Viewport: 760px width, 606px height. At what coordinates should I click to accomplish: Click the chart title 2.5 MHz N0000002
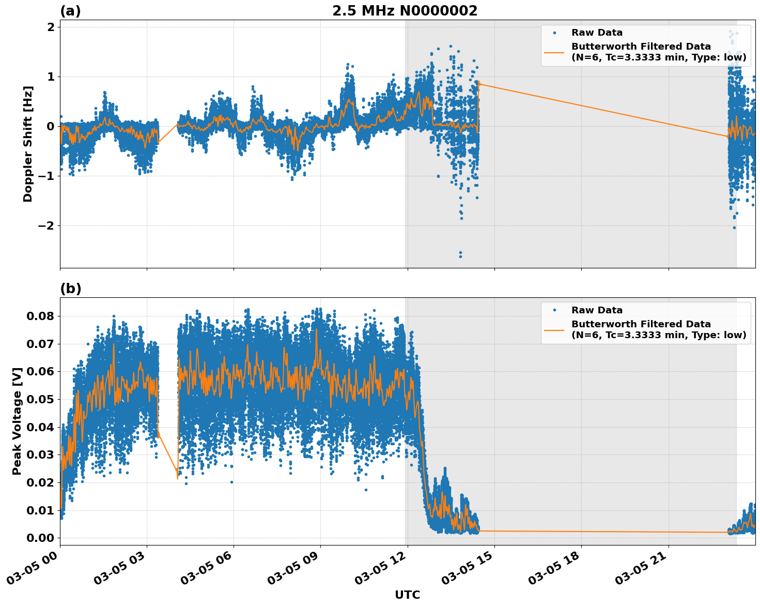click(x=405, y=11)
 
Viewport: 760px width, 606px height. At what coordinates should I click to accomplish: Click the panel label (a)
click(x=70, y=11)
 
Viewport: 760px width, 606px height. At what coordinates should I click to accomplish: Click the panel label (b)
click(x=70, y=289)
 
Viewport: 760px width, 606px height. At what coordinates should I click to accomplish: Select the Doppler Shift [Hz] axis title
click(x=28, y=144)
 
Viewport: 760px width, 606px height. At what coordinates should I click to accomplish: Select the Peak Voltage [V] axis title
click(x=17, y=421)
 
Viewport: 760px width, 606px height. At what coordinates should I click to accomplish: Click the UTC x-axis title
click(x=407, y=595)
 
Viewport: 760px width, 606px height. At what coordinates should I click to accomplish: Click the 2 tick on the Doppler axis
click(x=51, y=27)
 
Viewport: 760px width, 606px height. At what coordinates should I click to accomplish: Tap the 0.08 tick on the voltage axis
click(x=41, y=316)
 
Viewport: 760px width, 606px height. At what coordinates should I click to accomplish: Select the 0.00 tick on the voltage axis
click(x=41, y=538)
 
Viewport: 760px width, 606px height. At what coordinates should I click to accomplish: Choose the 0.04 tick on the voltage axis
click(x=41, y=427)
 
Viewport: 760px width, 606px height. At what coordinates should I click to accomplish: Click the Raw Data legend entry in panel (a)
click(x=597, y=33)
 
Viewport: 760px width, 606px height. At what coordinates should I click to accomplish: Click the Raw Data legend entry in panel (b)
click(x=597, y=310)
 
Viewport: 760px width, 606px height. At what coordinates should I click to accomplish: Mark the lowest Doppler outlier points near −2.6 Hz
click(x=460, y=254)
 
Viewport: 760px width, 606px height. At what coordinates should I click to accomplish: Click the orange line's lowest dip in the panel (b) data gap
click(x=178, y=478)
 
